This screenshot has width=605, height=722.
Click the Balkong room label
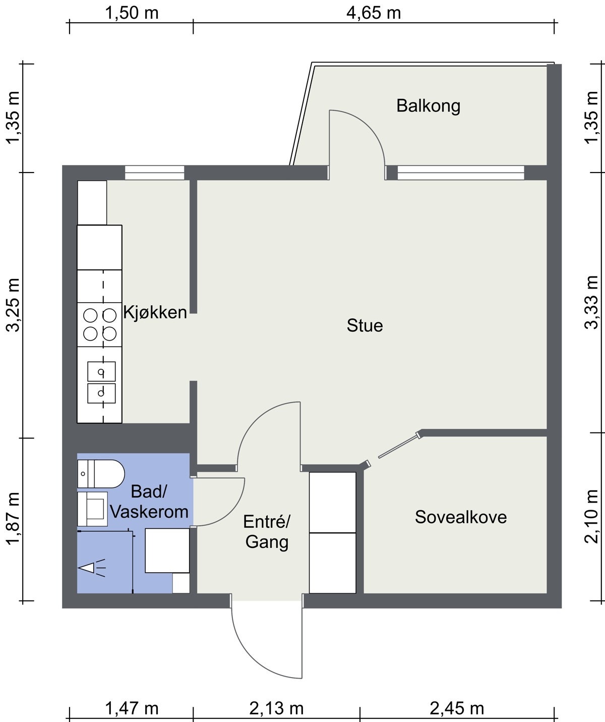point(428,106)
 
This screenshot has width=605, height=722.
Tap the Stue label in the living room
point(365,325)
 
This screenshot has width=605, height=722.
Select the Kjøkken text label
point(155,312)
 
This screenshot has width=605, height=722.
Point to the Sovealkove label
point(461,517)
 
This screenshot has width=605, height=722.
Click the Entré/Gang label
point(267,532)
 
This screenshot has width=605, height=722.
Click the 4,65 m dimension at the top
point(374,13)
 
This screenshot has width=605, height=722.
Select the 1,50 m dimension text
point(132,13)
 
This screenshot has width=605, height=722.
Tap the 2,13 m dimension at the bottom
point(276,708)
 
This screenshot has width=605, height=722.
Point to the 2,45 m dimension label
point(457,708)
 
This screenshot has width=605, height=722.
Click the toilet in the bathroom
point(101,474)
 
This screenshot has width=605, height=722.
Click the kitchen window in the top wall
point(155,173)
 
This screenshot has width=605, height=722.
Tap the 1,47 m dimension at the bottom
point(132,708)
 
